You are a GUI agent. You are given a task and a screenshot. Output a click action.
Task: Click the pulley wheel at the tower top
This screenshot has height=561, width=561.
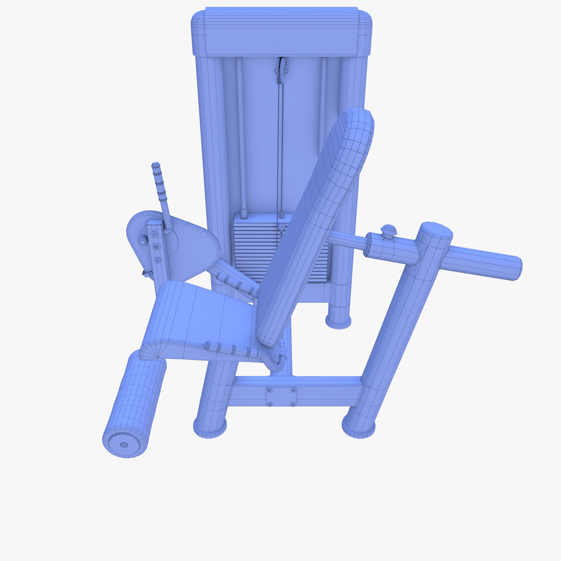pyautogui.click(x=281, y=70)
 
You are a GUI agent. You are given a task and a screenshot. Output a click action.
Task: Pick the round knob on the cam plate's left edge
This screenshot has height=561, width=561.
pyautogui.click(x=143, y=240)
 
